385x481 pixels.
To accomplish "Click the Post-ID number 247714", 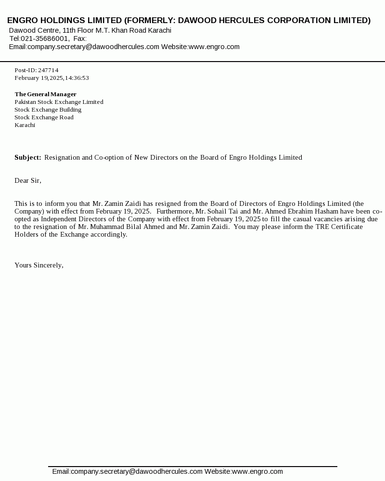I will (x=48, y=70).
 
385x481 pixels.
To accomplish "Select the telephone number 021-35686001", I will (x=45, y=38).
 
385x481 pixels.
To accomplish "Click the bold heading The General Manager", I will (x=45, y=94).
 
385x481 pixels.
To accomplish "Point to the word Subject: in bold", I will (x=28, y=157).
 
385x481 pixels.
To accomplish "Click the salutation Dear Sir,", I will (x=28, y=180).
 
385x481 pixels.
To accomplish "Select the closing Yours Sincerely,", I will (x=39, y=265).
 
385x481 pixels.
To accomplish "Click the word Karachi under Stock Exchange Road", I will (x=25, y=125).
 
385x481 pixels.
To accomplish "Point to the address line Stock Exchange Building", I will (x=48, y=110).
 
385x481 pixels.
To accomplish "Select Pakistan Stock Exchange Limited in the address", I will (x=59, y=102).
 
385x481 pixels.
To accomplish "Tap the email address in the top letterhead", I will (x=93, y=47).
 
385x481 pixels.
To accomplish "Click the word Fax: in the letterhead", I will (x=80, y=38).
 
